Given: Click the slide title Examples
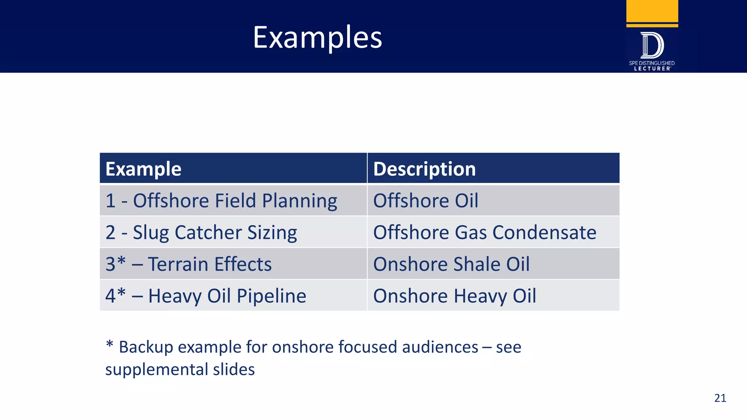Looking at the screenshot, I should [x=317, y=38].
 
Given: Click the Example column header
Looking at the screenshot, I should [x=143, y=169].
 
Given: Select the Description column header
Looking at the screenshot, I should [x=424, y=169].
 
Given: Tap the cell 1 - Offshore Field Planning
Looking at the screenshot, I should [x=221, y=201].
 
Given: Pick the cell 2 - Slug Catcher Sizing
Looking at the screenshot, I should [x=201, y=232].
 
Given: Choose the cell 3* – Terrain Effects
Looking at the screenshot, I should [x=188, y=264].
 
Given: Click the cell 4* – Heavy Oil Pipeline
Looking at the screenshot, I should [x=205, y=296].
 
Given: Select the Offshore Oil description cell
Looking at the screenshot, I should [x=425, y=201].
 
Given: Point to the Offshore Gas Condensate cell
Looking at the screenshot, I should [x=484, y=232].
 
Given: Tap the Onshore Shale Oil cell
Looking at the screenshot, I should [x=451, y=264].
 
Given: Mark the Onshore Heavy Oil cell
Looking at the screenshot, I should [x=454, y=296].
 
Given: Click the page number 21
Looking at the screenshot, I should [x=720, y=398].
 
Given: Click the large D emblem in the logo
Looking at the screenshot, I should [x=652, y=45].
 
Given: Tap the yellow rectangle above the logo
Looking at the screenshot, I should [x=652, y=11].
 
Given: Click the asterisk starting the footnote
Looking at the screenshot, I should [x=109, y=344].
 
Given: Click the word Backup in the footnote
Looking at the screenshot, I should [x=146, y=347].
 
